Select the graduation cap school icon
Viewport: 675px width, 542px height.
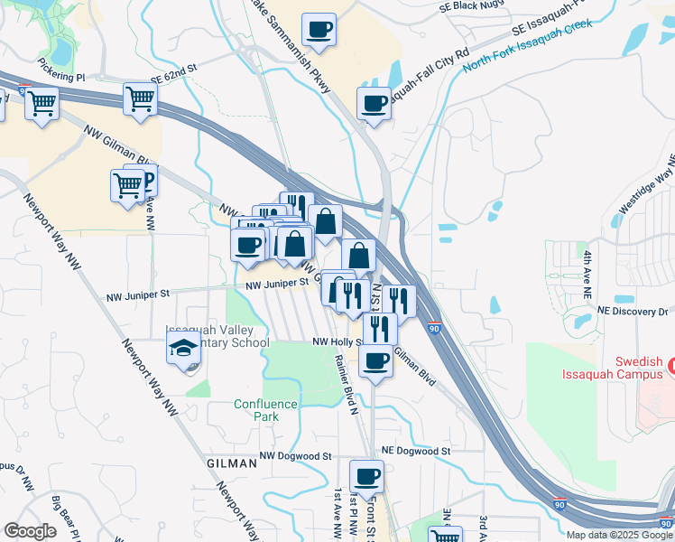click(x=183, y=348)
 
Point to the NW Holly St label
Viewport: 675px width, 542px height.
click(x=337, y=342)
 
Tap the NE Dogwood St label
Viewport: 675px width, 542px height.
click(x=415, y=450)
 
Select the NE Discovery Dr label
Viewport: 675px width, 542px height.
click(x=635, y=311)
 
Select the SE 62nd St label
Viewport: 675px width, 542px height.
click(x=173, y=79)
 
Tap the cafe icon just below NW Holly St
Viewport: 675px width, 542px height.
click(x=375, y=362)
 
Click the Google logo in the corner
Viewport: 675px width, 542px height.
click(x=30, y=530)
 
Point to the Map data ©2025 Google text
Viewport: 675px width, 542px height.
click(x=618, y=535)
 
